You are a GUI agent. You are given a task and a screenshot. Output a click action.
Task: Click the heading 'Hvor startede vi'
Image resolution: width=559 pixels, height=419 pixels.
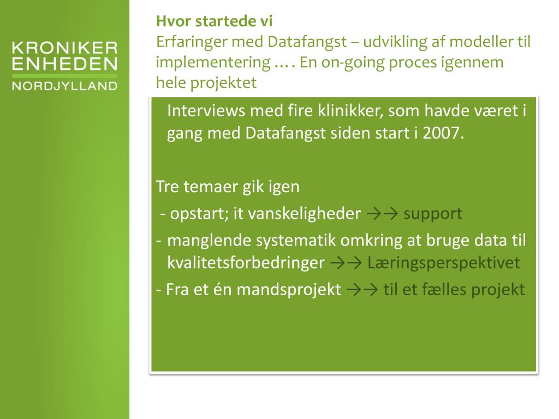[x=214, y=21]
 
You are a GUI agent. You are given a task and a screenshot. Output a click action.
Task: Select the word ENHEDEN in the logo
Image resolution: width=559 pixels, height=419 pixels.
[x=64, y=64]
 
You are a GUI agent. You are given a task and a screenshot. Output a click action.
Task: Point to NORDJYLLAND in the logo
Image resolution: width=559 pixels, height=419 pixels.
[x=64, y=86]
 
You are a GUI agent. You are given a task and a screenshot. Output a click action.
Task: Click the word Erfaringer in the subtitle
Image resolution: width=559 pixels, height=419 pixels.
[x=192, y=42]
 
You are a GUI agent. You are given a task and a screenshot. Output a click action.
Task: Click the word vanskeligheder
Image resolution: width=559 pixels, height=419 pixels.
[x=305, y=213]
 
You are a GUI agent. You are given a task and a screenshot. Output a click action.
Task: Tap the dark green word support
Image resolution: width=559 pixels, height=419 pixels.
[x=432, y=213]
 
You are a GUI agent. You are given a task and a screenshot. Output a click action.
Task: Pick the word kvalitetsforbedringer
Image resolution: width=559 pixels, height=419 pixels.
[x=246, y=263]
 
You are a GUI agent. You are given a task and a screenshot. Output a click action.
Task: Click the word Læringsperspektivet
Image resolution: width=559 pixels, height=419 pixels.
[x=443, y=263]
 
